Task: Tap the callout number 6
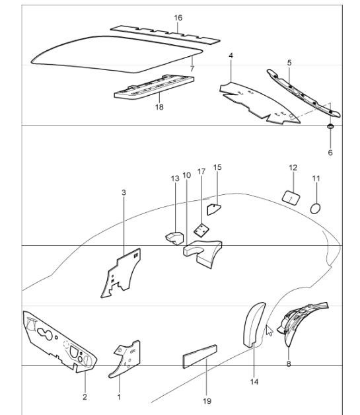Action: point(331,153)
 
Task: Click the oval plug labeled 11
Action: point(316,208)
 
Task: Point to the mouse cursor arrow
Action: point(269,330)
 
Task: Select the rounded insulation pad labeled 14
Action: point(254,324)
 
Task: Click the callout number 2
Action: point(85,396)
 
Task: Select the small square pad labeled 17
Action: point(200,229)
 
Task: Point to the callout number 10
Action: point(186,176)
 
